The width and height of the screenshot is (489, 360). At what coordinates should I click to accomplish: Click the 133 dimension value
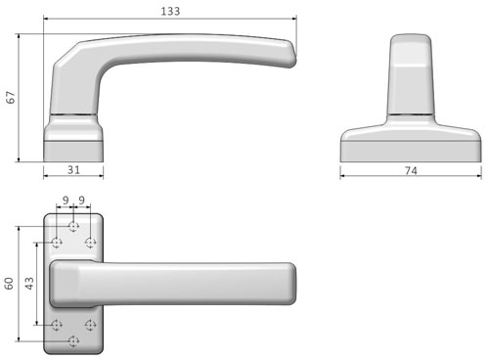point(170,11)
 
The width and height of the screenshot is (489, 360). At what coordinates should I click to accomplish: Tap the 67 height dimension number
point(11,98)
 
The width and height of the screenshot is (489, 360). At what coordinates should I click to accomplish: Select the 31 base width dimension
point(73,169)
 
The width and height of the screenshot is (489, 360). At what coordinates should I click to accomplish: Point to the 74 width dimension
point(411,170)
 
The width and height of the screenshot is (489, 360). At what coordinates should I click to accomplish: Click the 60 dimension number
point(9,284)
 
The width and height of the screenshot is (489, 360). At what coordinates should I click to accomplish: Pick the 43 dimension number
point(29,284)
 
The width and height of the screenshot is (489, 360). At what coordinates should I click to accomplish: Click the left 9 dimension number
point(66,200)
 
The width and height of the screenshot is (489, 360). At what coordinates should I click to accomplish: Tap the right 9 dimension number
point(82,200)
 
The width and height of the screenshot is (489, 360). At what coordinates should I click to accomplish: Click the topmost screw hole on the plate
point(73,226)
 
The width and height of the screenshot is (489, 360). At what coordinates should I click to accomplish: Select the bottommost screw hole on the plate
point(73,341)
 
